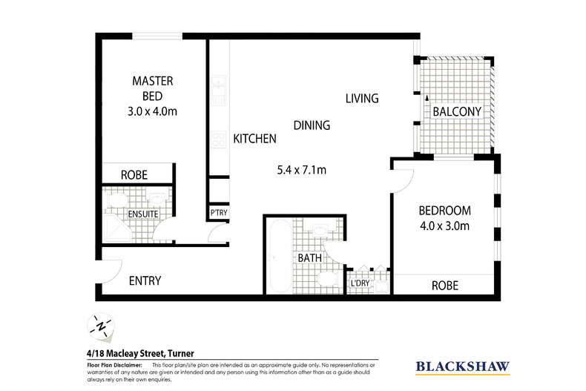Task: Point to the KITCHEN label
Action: pyautogui.click(x=255, y=138)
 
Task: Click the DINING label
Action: pyautogui.click(x=311, y=125)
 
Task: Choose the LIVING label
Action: pyautogui.click(x=361, y=98)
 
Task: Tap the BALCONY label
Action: pyautogui.click(x=458, y=112)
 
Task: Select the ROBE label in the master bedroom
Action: pyautogui.click(x=134, y=176)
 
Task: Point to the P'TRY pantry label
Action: pyautogui.click(x=219, y=214)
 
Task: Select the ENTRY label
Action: pyautogui.click(x=145, y=280)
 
